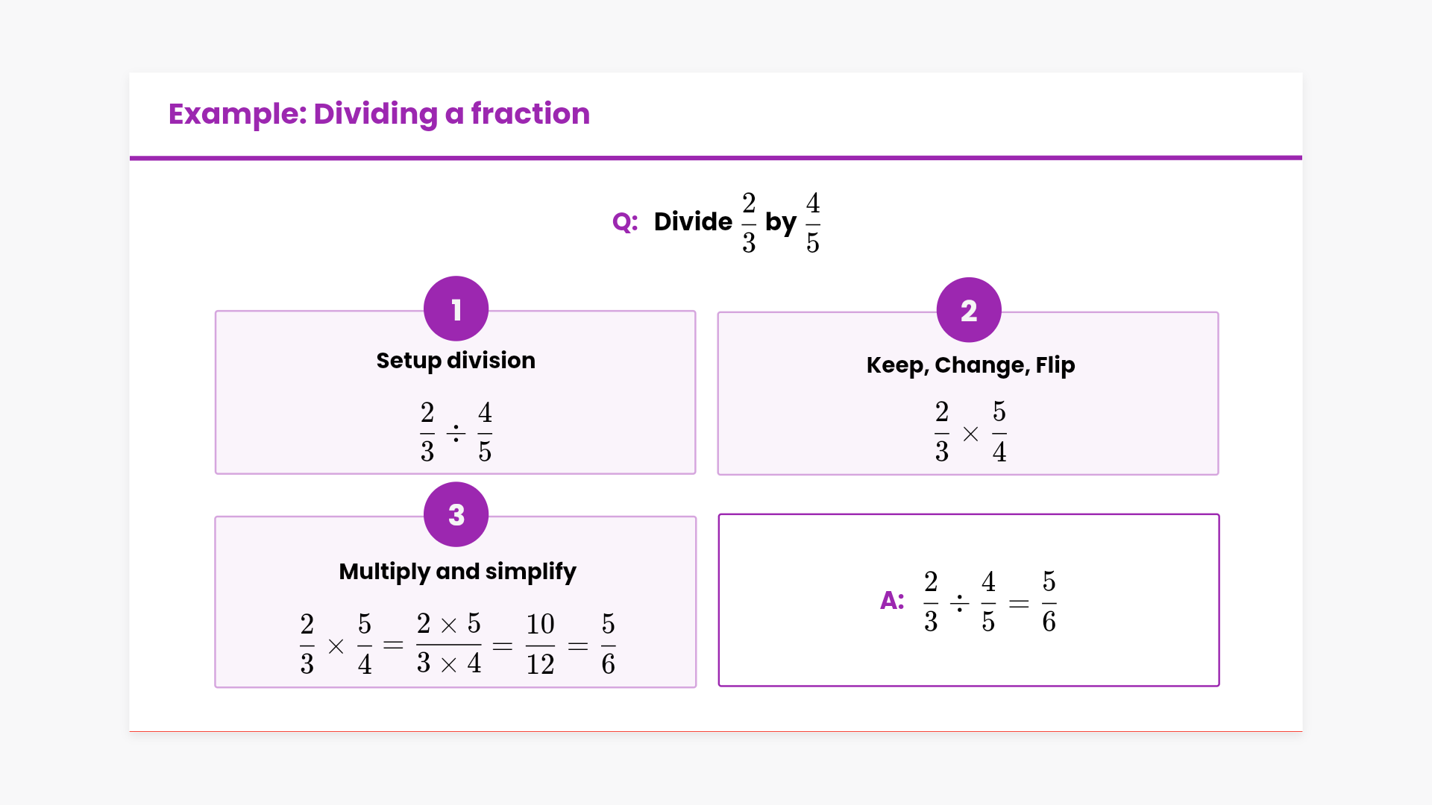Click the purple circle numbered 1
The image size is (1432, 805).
[456, 309]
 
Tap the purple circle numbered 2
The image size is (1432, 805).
[969, 310]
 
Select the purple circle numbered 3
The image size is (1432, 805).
[456, 514]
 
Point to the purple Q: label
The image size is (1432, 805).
[625, 222]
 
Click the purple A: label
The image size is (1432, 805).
[892, 600]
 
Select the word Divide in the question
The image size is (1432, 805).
[693, 221]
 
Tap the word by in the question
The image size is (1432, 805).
[781, 223]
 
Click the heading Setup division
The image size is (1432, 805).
[456, 361]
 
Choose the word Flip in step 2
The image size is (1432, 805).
[1055, 365]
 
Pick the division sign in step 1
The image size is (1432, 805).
[456, 433]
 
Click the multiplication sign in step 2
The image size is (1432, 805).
[970, 434]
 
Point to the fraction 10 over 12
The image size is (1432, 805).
[540, 644]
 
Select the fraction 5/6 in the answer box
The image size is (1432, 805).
[1049, 602]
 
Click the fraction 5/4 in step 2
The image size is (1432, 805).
[999, 432]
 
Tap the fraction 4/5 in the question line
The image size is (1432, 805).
[813, 223]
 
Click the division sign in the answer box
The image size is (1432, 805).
[959, 602]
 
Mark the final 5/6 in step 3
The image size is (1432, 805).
[608, 644]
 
